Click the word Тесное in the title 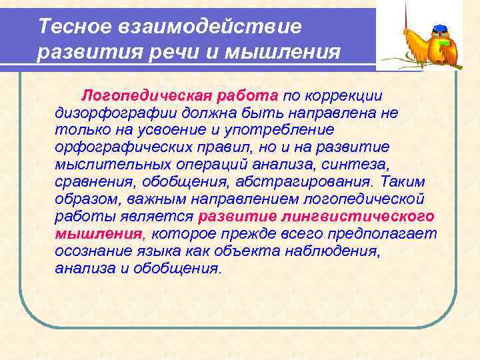[65, 27]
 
